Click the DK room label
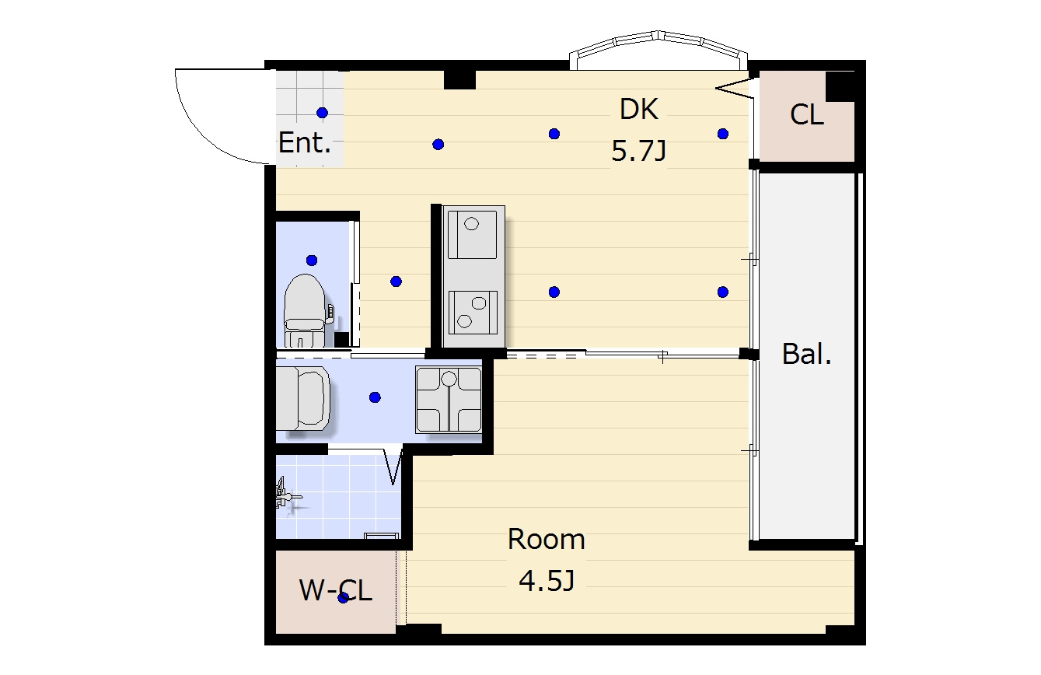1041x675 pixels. pyautogui.click(x=638, y=109)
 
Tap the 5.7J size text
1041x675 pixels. pyautogui.click(x=638, y=151)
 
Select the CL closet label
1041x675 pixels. pyautogui.click(x=807, y=114)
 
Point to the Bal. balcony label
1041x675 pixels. pyautogui.click(x=807, y=354)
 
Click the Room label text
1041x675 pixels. pyautogui.click(x=546, y=539)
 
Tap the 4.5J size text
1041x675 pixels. pyautogui.click(x=547, y=581)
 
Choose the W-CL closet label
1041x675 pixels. pyautogui.click(x=336, y=590)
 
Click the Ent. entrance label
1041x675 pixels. pyautogui.click(x=305, y=142)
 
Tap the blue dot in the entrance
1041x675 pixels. pyautogui.click(x=322, y=113)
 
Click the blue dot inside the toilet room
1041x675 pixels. pyautogui.click(x=312, y=261)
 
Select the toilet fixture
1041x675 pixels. pyautogui.click(x=305, y=310)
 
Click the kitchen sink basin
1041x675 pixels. pyautogui.click(x=472, y=234)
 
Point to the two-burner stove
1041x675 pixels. pyautogui.click(x=473, y=313)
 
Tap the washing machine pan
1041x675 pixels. pyautogui.click(x=449, y=400)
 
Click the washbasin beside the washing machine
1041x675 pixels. pyautogui.click(x=303, y=397)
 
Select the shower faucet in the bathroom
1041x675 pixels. pyautogui.click(x=286, y=495)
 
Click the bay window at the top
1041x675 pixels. pyautogui.click(x=658, y=49)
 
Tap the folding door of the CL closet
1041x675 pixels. pyautogui.click(x=735, y=89)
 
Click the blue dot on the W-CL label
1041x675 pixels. pyautogui.click(x=344, y=598)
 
